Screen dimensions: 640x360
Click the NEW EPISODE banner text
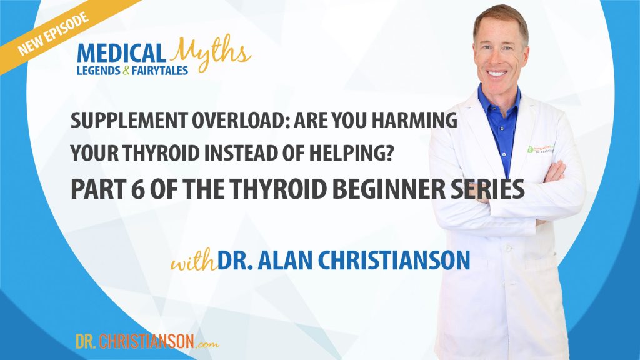coord(53,34)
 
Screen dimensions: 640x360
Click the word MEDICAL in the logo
coord(121,54)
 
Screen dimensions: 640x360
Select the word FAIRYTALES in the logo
coord(160,71)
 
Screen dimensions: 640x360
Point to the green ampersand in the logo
coord(126,71)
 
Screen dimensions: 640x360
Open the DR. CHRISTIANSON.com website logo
coord(147,341)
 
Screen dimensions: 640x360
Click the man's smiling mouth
coord(497,74)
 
